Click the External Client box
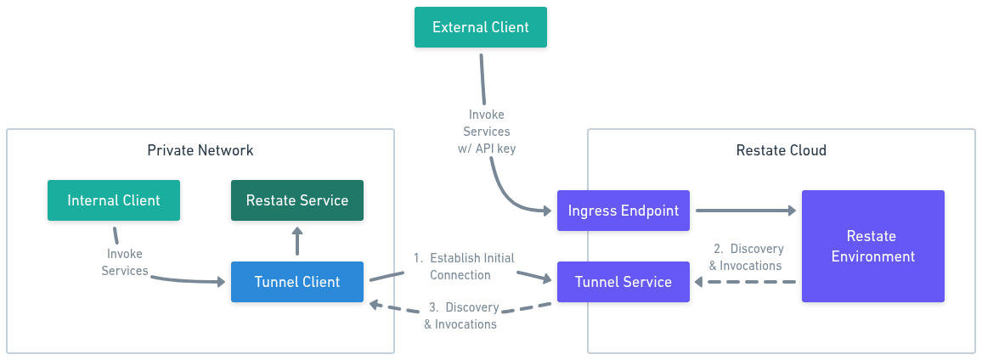coord(480,27)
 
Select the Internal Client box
coord(113,200)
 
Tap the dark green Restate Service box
coord(296,200)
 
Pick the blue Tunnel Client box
coord(296,282)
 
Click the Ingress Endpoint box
coord(624,211)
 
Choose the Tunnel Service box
coord(624,282)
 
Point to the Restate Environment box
coord(873,246)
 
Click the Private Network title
coord(200,150)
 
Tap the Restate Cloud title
coord(781,150)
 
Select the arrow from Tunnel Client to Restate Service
coord(297,240)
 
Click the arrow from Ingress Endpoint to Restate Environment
coord(746,211)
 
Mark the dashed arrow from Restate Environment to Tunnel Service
coord(745,283)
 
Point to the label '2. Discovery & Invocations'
coord(745,256)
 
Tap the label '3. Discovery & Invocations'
coord(461,316)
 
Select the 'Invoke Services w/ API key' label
coord(486,132)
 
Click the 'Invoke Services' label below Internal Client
coord(125,262)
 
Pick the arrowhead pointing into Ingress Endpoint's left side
coord(545,210)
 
